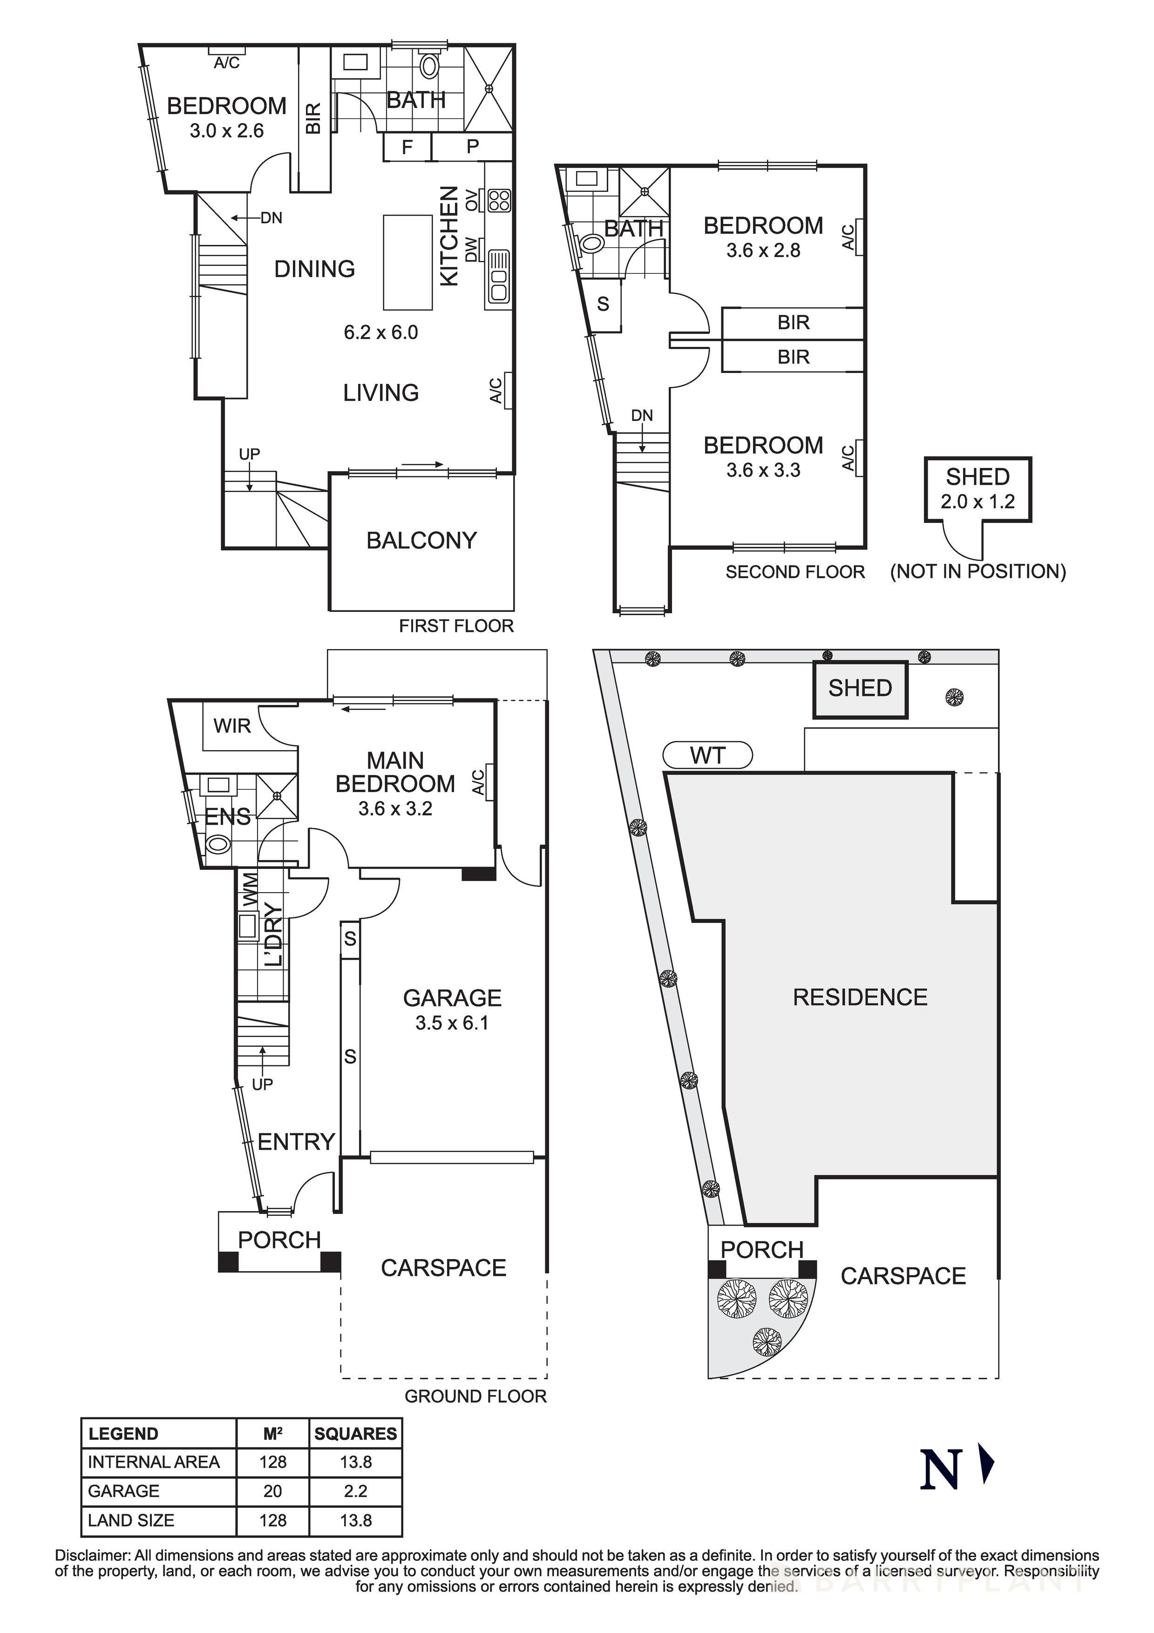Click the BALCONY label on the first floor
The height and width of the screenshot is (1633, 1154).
click(x=421, y=541)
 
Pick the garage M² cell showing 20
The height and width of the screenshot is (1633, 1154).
click(x=272, y=1491)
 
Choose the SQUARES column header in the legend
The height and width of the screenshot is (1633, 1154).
click(x=356, y=1434)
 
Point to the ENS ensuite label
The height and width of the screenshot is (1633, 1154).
click(x=228, y=817)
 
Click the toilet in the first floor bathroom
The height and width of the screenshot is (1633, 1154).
click(x=429, y=66)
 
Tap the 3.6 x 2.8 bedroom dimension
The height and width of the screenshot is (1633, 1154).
click(x=763, y=251)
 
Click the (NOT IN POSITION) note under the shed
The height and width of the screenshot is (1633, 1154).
click(x=978, y=571)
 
